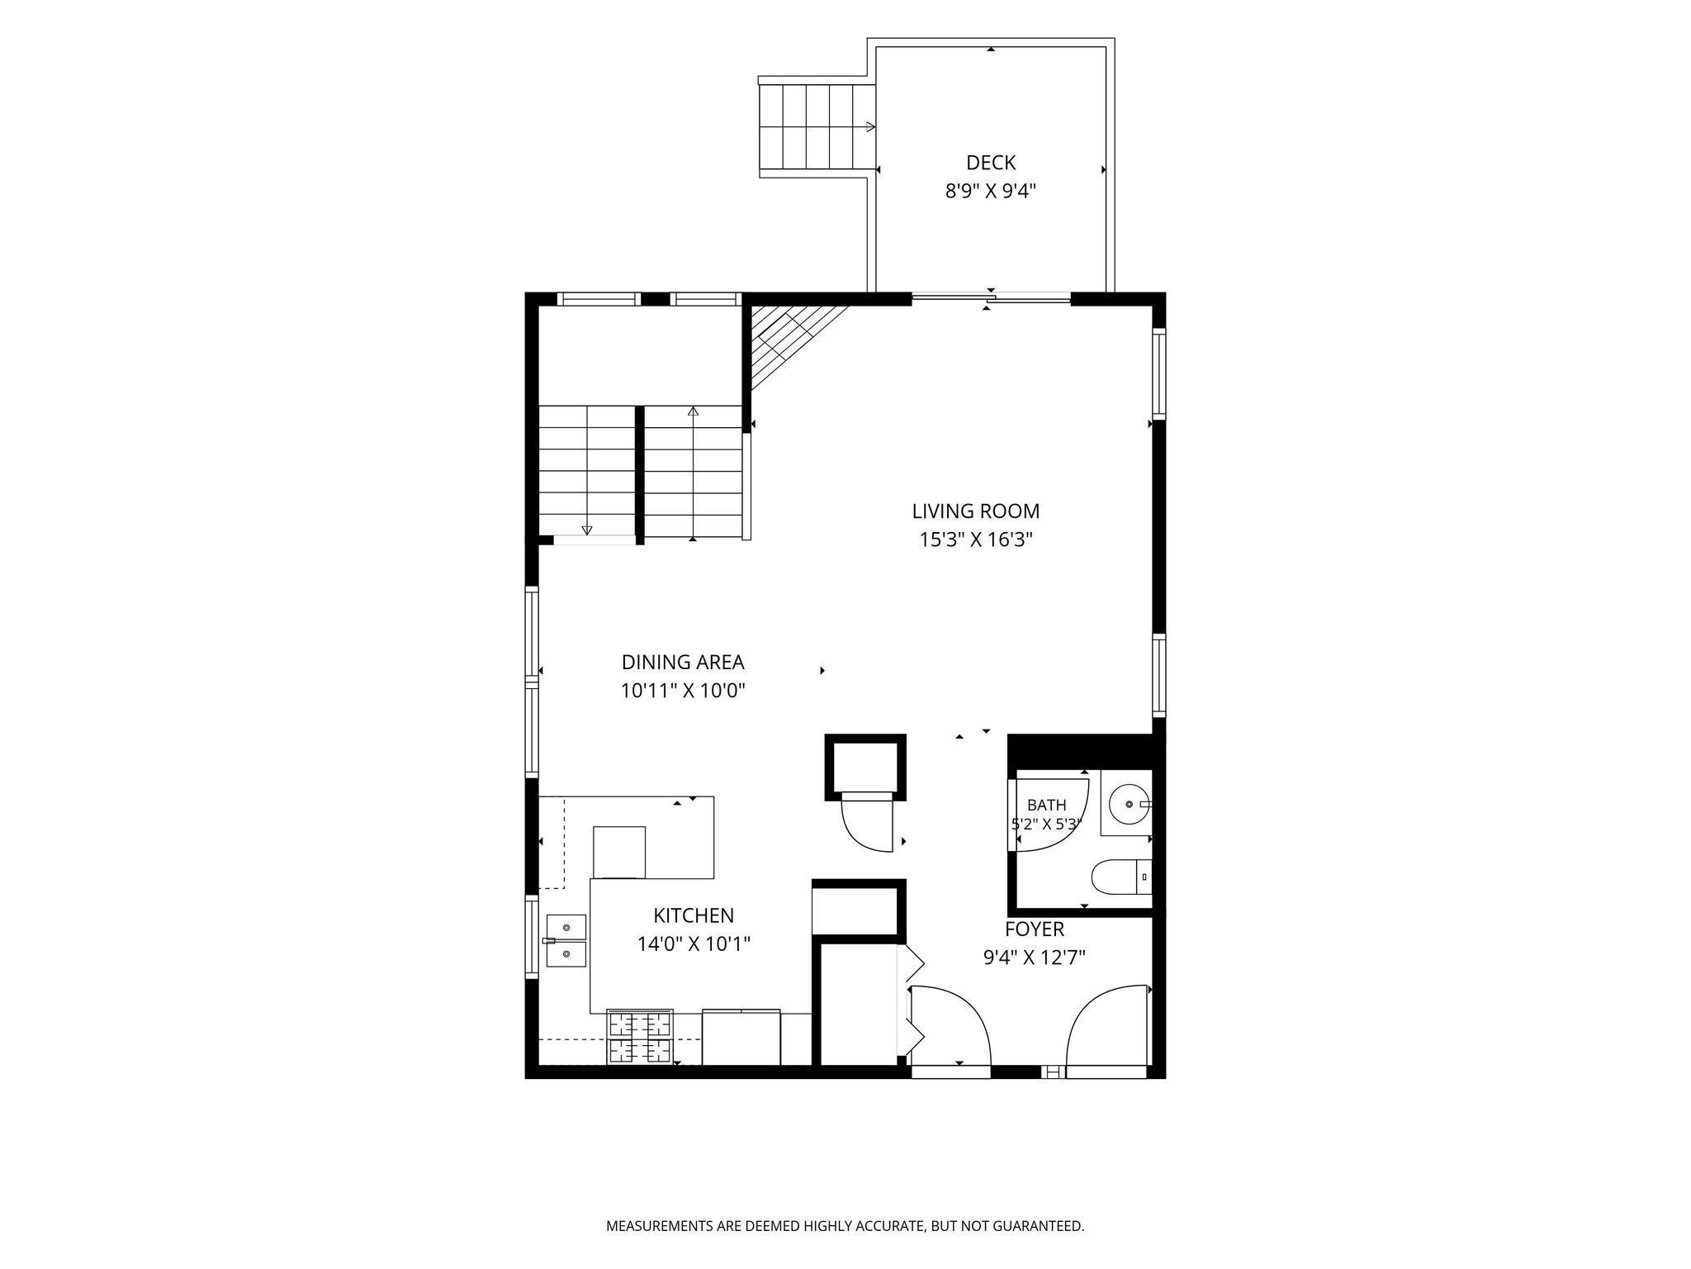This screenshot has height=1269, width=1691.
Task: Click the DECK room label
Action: tap(990, 163)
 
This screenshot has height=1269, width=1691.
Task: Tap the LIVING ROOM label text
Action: tap(976, 511)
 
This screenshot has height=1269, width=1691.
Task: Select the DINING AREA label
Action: tap(683, 663)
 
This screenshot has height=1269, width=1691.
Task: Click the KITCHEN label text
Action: tap(694, 915)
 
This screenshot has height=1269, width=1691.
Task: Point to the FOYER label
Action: tap(1035, 929)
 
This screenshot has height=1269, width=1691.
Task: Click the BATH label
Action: tap(1047, 805)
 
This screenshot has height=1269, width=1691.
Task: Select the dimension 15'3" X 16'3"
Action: tap(977, 540)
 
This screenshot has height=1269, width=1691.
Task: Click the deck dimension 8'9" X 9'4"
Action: tap(991, 192)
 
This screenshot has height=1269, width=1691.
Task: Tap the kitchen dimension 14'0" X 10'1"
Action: tap(694, 943)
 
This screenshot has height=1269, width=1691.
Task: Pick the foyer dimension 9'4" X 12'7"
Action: tap(1035, 958)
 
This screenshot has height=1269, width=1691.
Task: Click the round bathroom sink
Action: tap(1129, 804)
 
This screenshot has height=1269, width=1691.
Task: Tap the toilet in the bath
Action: tap(1121, 877)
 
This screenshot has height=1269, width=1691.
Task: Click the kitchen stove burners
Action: tap(640, 1038)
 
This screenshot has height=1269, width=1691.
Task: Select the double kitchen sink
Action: tap(566, 940)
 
